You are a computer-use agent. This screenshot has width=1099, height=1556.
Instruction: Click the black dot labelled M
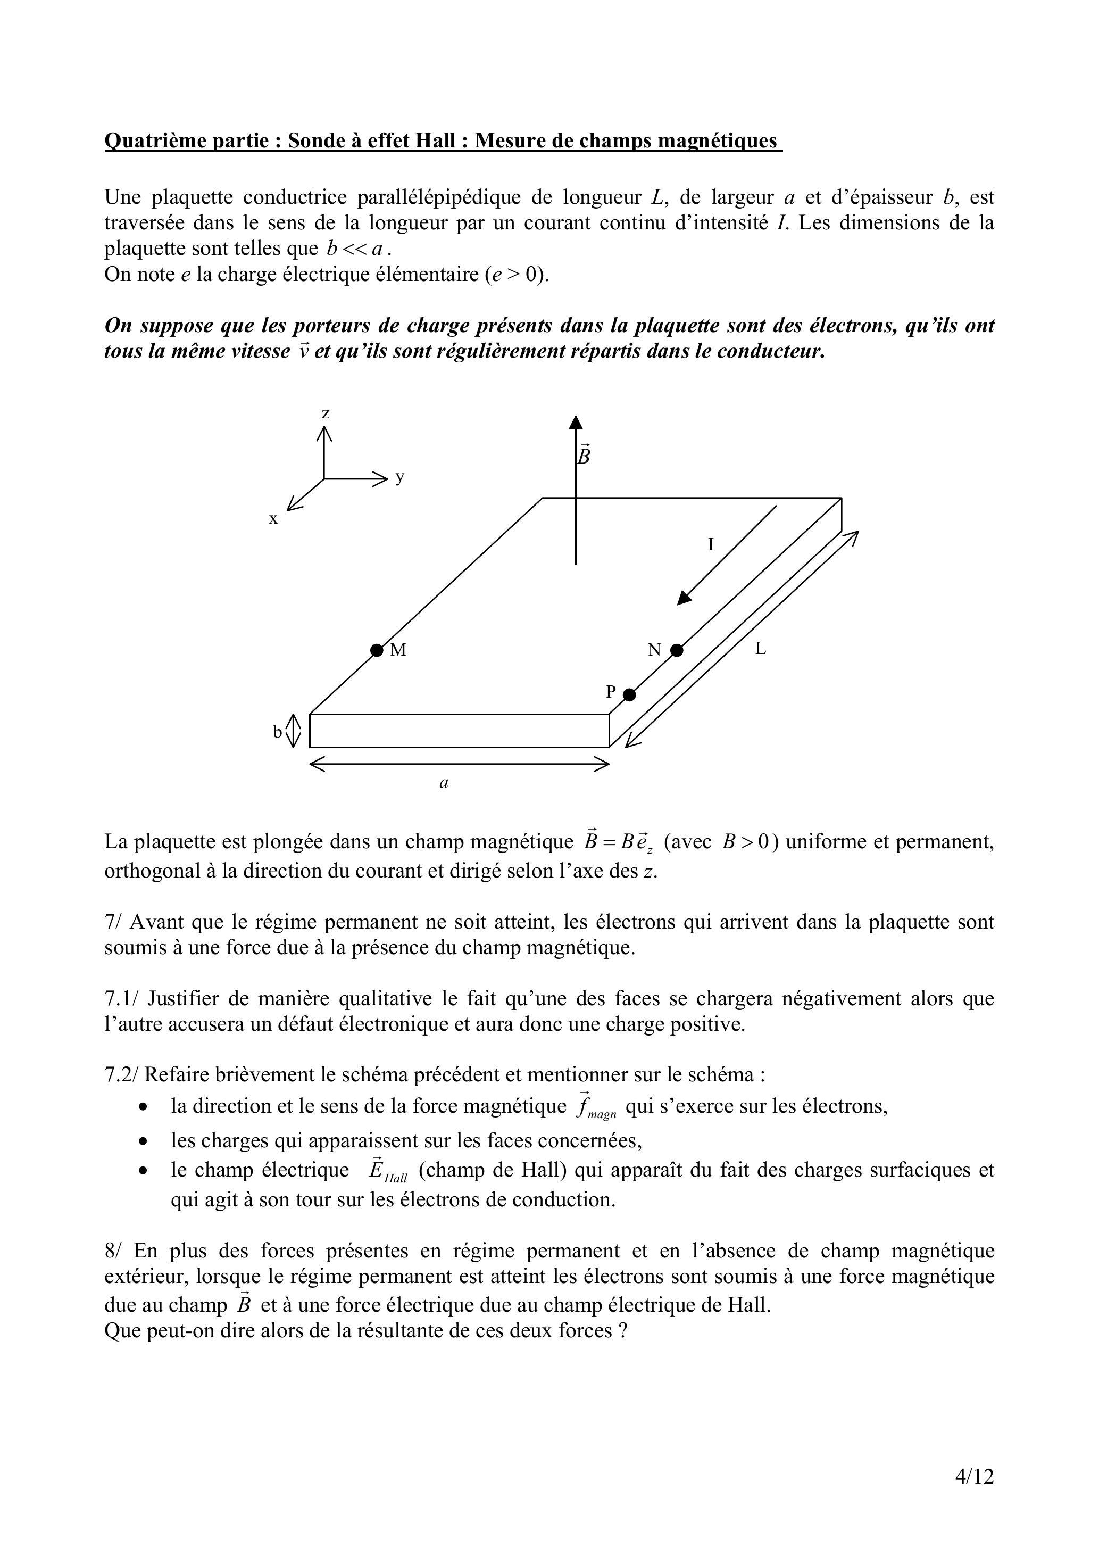pyautogui.click(x=377, y=650)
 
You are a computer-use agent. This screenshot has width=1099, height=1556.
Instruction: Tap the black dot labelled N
pyautogui.click(x=676, y=650)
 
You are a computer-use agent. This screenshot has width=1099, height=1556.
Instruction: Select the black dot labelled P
pyautogui.click(x=629, y=694)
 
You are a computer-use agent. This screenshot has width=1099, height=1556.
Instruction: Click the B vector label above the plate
pyautogui.click(x=584, y=455)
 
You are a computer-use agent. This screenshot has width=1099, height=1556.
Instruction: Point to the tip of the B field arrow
pyautogui.click(x=576, y=417)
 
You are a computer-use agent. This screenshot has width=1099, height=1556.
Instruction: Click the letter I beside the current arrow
pyautogui.click(x=711, y=544)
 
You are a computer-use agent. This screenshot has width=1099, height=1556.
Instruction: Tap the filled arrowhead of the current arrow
pyautogui.click(x=684, y=597)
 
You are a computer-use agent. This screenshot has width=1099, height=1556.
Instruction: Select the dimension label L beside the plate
pyautogui.click(x=760, y=649)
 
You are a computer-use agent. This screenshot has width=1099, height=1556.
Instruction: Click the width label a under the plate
pyautogui.click(x=444, y=783)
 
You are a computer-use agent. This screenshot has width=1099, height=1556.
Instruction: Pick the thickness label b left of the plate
pyautogui.click(x=277, y=732)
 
